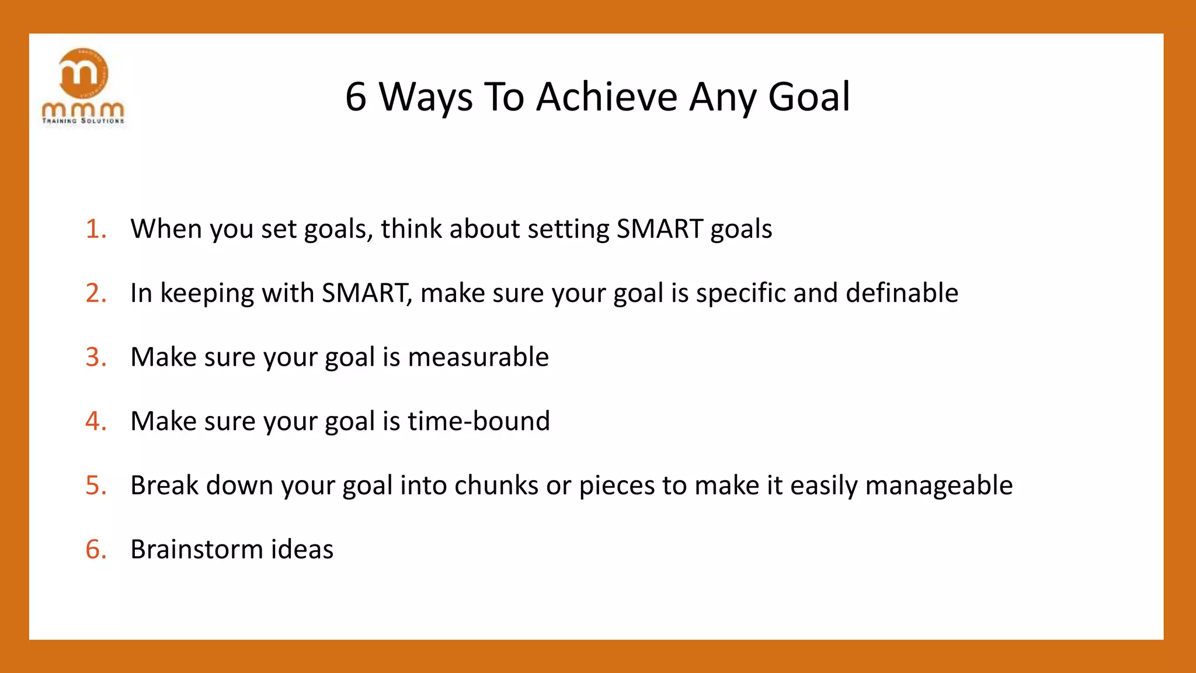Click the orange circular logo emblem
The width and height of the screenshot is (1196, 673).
(x=84, y=73)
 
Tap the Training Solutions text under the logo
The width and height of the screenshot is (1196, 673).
(x=83, y=121)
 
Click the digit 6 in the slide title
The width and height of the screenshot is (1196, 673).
(x=356, y=97)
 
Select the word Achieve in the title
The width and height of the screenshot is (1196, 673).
(x=606, y=97)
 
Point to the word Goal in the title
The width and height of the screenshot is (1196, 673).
(x=809, y=97)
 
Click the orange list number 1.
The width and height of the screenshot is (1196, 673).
(x=95, y=229)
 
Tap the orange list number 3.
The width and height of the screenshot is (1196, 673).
(x=95, y=357)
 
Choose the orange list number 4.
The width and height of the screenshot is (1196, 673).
(x=95, y=421)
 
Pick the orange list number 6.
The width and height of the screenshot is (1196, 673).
(x=95, y=550)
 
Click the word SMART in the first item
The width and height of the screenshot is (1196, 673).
(x=659, y=229)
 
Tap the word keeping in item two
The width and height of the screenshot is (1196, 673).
(x=207, y=293)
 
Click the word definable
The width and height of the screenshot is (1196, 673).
(x=902, y=293)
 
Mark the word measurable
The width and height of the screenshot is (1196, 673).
(x=478, y=357)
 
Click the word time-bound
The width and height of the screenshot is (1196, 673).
(x=479, y=421)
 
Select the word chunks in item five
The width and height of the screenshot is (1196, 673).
(x=496, y=485)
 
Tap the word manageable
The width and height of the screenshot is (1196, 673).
(x=938, y=485)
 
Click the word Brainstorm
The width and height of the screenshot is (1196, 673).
(x=197, y=550)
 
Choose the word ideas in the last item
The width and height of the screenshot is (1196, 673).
(x=302, y=550)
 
